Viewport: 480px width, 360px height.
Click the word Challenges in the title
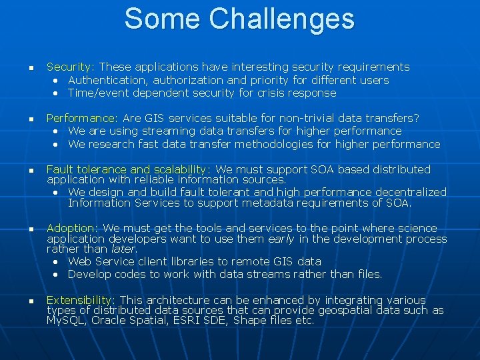click(281, 19)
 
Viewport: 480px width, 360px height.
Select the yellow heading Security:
click(71, 67)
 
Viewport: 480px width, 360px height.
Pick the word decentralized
click(409, 192)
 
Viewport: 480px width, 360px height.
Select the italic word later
click(124, 249)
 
